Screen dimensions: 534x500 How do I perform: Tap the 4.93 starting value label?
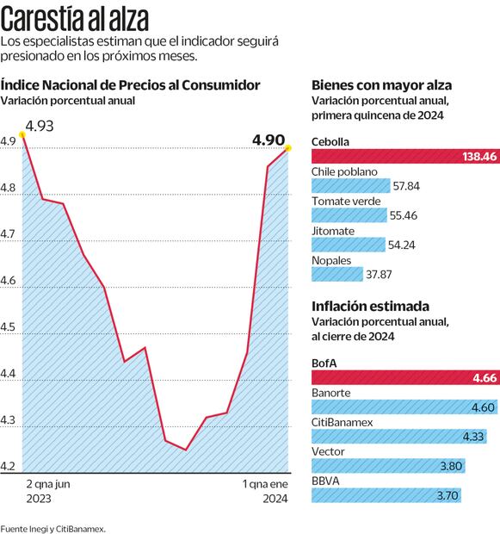coord(40,127)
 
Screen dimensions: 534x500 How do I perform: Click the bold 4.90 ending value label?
coord(269,140)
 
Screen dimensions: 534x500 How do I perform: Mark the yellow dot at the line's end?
coord(287,148)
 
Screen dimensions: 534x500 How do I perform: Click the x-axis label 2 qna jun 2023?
coord(48,492)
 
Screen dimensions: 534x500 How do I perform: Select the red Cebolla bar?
coord(404,157)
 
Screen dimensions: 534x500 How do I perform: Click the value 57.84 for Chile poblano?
coord(405,185)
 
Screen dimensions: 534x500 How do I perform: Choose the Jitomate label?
coord(332,230)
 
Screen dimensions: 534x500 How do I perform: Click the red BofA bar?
coord(404,377)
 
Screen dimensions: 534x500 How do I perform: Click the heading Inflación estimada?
coord(370,307)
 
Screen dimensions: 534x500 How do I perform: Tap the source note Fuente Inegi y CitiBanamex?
coord(52,527)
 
